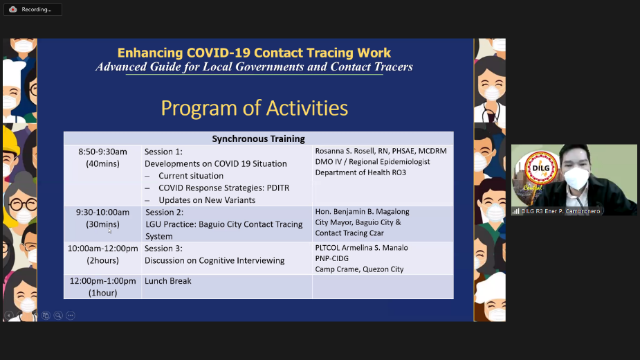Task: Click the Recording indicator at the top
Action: pos(33,10)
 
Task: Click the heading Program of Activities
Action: pos(255,108)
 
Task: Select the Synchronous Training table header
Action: pos(258,139)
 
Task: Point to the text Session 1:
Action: pos(163,152)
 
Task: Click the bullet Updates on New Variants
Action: pos(207,200)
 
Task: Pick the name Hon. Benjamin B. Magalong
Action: pos(362,212)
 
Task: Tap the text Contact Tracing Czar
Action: pos(349,233)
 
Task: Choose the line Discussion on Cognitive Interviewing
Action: pos(214,261)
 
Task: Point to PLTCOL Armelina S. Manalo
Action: pos(361,248)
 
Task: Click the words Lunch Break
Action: pos(167,280)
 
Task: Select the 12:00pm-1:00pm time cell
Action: pos(103,287)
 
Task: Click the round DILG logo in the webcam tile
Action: pos(541,168)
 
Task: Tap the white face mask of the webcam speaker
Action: pos(576,178)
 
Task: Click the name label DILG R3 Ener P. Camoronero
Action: pos(560,211)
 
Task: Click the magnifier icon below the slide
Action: pos(58,316)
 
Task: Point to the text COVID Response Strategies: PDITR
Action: pos(223,188)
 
